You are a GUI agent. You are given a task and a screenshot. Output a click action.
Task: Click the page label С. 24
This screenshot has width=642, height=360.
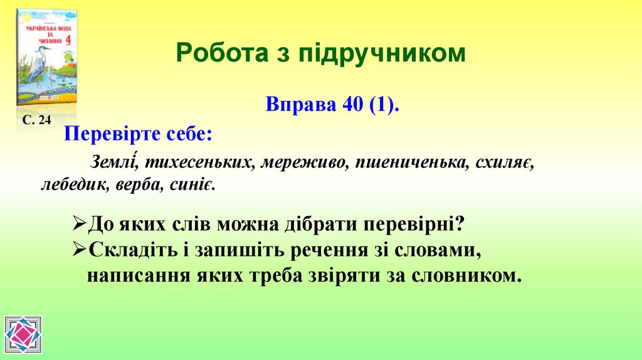point(36,120)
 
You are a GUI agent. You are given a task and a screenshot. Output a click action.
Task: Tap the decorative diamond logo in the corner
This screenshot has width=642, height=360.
point(23,335)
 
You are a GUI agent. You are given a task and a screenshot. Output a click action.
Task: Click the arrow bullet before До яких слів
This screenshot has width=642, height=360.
point(80,224)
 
